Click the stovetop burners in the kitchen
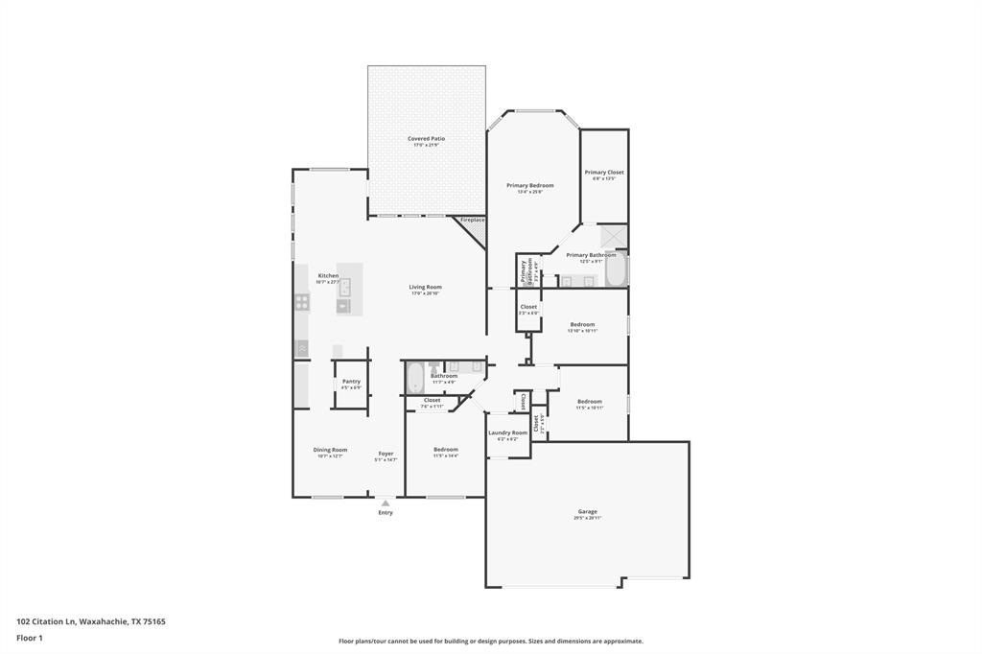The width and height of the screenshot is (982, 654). [302, 301]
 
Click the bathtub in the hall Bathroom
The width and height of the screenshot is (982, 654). [414, 377]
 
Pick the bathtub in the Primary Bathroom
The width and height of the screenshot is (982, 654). [616, 269]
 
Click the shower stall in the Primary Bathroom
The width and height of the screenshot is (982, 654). [613, 236]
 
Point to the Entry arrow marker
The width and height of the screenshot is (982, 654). [386, 502]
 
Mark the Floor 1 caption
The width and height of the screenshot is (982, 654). [30, 637]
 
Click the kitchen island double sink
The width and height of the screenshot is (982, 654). [344, 287]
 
